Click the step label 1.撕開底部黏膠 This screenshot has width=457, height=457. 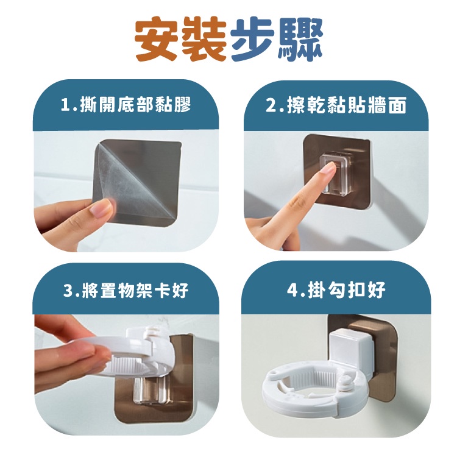click(x=126, y=105)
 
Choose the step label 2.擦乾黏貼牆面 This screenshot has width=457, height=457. click(x=336, y=105)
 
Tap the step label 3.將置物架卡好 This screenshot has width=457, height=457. click(x=126, y=289)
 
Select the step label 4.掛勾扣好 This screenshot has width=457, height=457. click(x=336, y=289)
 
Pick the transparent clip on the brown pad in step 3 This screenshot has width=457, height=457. click(x=151, y=390)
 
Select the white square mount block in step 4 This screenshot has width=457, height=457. click(x=352, y=355)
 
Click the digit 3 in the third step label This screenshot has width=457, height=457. click(x=68, y=290)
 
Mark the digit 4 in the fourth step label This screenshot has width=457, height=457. click(x=292, y=290)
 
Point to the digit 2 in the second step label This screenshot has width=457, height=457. click(x=271, y=105)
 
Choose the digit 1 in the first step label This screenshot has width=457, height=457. click(x=65, y=105)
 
